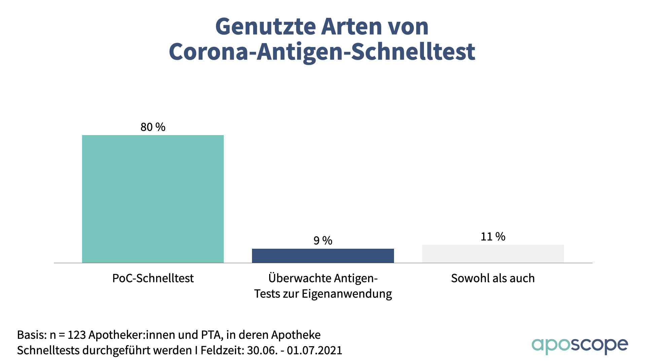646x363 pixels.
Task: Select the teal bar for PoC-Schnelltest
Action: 153,199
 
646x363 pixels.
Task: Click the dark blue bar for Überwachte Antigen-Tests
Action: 323,256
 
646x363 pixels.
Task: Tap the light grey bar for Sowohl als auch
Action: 493,254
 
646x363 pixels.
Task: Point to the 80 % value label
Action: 153,127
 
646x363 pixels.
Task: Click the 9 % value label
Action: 323,241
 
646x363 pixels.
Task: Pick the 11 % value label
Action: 493,237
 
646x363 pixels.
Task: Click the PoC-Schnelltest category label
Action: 153,278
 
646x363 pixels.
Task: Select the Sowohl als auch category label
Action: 493,278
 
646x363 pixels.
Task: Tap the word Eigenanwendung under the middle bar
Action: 347,294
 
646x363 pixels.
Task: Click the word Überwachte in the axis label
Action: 295,278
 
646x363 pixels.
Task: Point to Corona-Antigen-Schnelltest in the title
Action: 322,52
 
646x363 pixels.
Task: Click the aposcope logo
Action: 579,345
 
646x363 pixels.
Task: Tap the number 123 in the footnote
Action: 77,335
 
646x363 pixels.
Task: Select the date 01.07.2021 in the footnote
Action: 314,351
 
